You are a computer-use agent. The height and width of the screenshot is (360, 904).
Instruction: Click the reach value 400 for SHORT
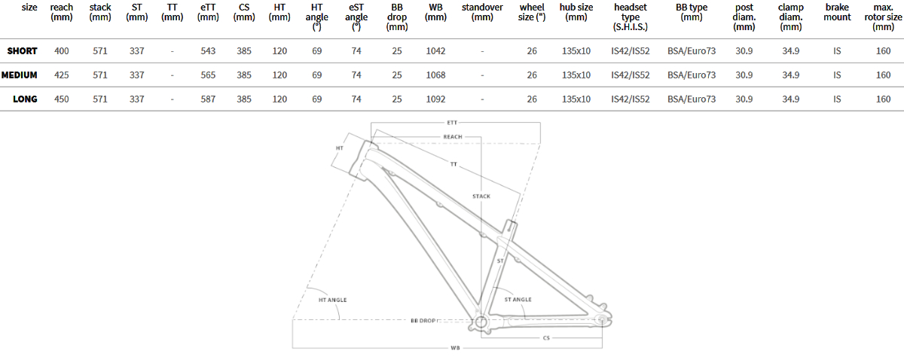pos(61,51)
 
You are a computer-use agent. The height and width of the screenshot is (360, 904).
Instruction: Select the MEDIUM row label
pos(20,75)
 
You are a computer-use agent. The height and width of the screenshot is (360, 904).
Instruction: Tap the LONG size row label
pos(25,99)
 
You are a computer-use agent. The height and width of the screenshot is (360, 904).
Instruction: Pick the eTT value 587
pos(208,99)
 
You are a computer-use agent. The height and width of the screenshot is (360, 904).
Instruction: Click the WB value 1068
pos(435,75)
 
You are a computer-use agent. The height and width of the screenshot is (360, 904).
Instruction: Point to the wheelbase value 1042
pos(435,51)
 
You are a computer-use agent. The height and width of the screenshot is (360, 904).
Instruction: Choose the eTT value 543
pos(208,51)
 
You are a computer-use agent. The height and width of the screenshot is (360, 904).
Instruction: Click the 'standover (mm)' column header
pos(482,12)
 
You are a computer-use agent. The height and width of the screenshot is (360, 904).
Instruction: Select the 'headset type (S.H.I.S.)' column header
pos(631,17)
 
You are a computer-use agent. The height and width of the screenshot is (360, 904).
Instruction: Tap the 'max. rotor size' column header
pos(883,17)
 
